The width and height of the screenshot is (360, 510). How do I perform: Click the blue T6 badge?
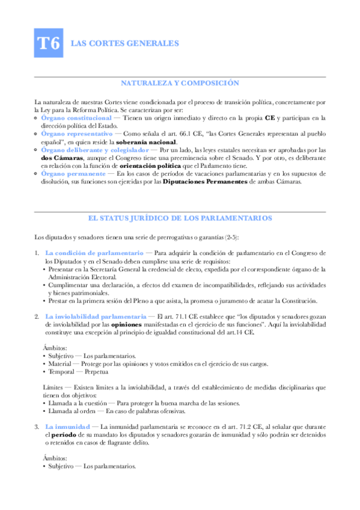[49, 43]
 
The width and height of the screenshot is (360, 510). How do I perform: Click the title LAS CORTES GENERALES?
[117, 43]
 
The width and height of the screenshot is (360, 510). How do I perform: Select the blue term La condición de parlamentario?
[94, 253]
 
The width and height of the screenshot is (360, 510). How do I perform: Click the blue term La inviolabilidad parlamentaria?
[96, 316]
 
